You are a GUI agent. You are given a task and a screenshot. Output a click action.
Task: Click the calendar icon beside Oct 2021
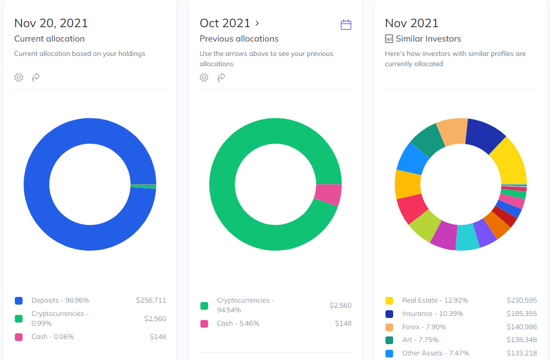point(346,25)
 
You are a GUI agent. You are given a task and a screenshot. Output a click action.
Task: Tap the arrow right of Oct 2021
point(257,23)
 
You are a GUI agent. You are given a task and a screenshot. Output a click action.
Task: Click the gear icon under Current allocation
point(19,77)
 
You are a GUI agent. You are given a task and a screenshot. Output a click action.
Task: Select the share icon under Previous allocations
point(221,77)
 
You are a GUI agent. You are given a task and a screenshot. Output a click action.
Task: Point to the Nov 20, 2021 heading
point(51,23)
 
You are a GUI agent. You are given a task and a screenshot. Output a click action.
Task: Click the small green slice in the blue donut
point(144,186)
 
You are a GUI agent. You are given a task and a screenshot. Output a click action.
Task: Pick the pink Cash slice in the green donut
point(328,194)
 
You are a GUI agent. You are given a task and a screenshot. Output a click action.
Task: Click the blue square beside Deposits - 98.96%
point(19,301)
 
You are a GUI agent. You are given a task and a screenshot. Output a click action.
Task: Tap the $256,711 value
point(151,301)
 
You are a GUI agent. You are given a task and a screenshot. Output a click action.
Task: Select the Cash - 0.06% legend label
point(53,337)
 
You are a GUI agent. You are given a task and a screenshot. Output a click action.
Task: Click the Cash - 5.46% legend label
point(238,324)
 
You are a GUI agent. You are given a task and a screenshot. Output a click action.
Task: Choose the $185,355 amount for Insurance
point(522,313)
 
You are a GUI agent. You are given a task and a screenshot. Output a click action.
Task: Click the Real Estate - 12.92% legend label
point(435,301)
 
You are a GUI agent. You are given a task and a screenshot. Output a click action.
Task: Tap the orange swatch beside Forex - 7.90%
point(390,327)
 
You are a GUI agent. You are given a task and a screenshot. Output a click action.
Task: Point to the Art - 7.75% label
point(420,340)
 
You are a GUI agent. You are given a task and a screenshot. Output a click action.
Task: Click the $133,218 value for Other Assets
point(522,353)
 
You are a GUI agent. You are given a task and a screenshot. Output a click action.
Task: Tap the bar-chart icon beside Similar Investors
point(389,38)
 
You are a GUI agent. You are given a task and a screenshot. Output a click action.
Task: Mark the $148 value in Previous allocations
point(343,324)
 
